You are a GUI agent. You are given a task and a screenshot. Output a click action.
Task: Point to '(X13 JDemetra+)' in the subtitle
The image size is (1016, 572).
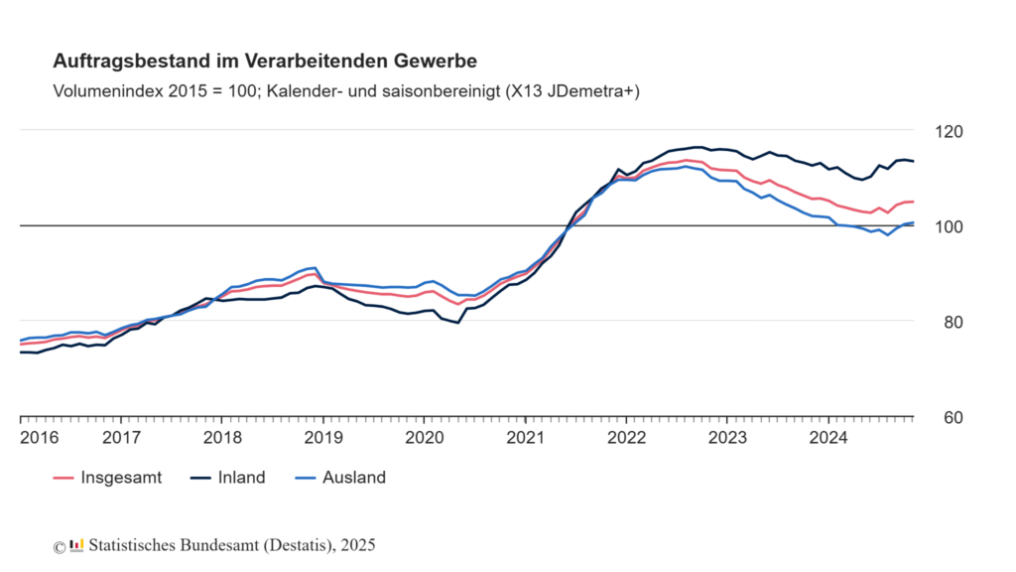tap(572, 91)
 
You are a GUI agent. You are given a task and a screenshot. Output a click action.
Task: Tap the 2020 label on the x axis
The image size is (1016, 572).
tap(424, 437)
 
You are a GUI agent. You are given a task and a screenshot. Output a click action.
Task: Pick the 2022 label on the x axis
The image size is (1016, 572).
tap(626, 437)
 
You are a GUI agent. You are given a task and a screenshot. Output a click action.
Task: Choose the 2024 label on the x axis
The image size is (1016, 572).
tap(827, 437)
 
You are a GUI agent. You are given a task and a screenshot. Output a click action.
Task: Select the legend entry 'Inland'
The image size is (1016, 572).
tap(241, 478)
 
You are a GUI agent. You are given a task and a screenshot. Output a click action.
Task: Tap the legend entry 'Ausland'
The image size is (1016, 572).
tap(353, 478)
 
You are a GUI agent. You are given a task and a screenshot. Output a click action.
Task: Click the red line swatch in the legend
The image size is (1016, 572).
tap(64, 478)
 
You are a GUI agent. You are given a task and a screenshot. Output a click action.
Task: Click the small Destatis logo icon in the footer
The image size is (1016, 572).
tap(76, 545)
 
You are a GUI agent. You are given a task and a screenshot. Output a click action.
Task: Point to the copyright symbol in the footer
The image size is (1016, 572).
tap(60, 546)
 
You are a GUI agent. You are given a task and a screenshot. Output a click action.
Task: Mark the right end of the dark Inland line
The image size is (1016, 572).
tap(913, 161)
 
